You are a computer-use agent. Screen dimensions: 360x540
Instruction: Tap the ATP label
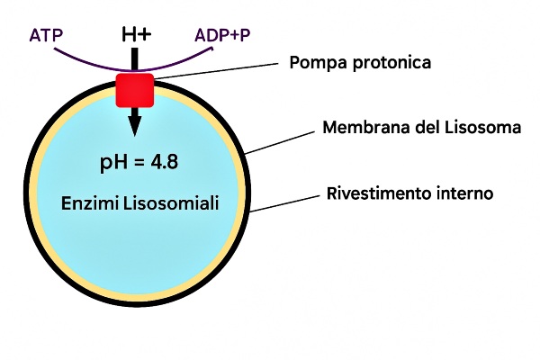[x=46, y=36]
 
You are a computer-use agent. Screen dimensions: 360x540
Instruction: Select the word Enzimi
[x=88, y=202]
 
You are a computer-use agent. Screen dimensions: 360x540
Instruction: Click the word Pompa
[x=314, y=64]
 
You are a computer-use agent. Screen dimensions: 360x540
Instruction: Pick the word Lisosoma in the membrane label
[x=487, y=128]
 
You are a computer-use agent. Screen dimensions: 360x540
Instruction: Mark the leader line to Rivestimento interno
[x=283, y=202]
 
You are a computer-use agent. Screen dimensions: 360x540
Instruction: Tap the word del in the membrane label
[x=425, y=128]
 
